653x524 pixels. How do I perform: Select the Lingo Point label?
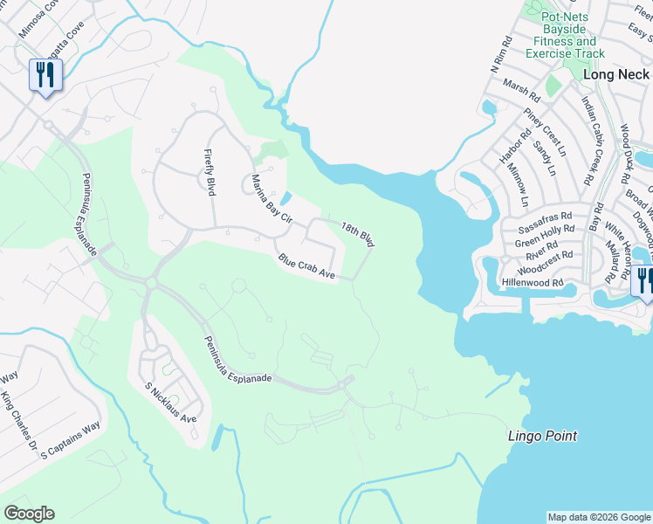[x=543, y=435]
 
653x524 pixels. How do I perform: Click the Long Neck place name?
[x=615, y=75]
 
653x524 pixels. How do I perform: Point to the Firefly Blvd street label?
[x=210, y=172]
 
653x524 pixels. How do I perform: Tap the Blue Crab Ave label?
[x=307, y=267]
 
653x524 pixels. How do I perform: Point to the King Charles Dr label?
[x=19, y=425]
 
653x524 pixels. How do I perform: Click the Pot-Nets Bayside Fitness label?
[x=565, y=35]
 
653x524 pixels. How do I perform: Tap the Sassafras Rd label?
[x=542, y=215]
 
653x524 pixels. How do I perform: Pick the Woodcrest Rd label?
[x=544, y=256]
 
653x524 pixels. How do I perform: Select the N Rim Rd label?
[x=499, y=55]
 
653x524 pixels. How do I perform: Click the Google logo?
[x=29, y=514]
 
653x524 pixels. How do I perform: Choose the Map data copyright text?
[x=599, y=517]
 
